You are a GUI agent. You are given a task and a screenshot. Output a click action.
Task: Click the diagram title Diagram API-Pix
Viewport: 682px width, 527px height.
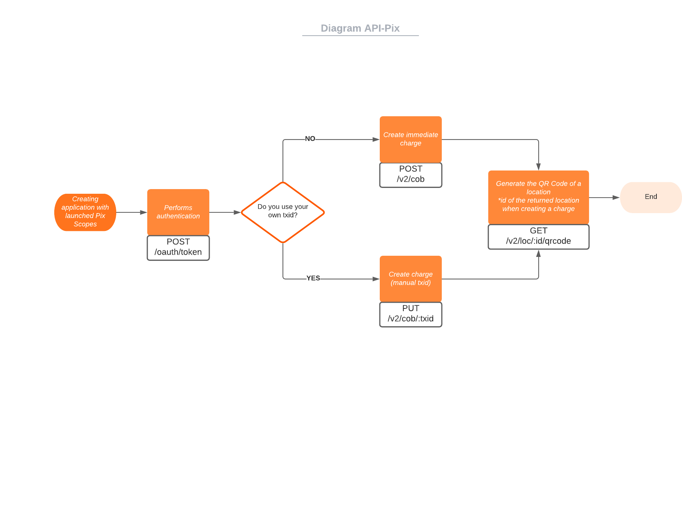point(360,28)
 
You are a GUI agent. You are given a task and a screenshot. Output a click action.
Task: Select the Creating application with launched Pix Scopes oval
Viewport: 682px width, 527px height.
point(85,212)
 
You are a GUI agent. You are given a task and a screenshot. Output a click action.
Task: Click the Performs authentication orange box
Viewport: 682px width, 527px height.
point(178,212)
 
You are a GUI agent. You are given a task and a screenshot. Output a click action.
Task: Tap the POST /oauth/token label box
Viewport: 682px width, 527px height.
point(178,247)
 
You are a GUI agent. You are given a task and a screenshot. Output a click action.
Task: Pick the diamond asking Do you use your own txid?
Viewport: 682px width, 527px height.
point(283,212)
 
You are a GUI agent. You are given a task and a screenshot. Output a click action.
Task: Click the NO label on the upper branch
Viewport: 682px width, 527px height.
point(310,139)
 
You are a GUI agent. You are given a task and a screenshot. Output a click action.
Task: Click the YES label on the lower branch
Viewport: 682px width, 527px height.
point(313,278)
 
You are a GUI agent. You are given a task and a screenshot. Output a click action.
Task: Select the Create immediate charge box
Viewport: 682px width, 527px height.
point(411,139)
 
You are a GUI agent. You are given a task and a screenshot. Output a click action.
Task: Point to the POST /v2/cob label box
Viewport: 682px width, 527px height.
point(411,174)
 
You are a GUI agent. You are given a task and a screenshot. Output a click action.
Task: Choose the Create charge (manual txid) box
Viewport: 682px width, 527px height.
point(411,279)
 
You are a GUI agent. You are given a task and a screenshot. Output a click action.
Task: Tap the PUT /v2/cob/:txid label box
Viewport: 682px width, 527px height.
point(411,314)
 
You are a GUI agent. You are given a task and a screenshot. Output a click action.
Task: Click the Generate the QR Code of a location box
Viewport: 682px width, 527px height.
point(539,197)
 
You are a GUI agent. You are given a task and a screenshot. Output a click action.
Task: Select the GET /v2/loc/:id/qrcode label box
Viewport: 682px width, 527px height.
point(539,236)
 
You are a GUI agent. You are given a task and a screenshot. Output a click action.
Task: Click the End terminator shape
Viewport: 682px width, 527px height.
point(651,197)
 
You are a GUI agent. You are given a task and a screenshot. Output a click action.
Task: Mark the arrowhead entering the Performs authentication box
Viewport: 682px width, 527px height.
point(143,212)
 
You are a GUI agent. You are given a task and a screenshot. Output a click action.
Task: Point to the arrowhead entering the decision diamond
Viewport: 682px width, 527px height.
point(237,212)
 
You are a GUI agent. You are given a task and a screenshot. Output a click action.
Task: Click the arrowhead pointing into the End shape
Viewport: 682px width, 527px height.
point(616,198)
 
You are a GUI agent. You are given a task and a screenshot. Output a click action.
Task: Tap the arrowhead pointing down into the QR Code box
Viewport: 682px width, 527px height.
point(539,167)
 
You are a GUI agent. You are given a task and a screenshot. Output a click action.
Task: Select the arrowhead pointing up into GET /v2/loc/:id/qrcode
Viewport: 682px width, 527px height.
point(539,254)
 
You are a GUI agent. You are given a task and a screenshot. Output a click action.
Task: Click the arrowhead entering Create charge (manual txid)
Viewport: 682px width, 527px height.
point(375,279)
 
